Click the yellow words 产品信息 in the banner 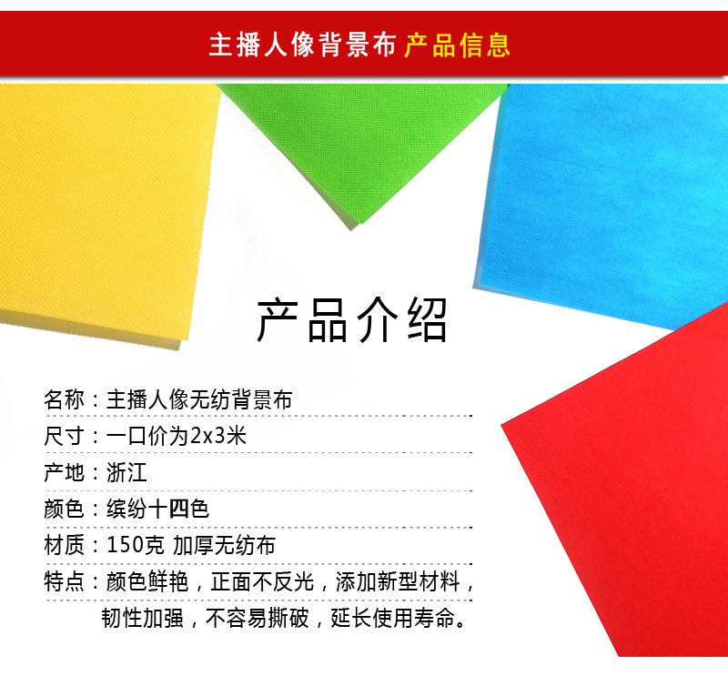coord(457,45)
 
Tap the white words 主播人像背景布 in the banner coord(302,45)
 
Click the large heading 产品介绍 coord(352,320)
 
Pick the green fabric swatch coord(362,139)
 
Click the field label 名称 coord(64,399)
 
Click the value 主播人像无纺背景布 coord(199,399)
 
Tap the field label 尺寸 coord(64,436)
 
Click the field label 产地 coord(64,472)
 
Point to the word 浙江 coord(126,472)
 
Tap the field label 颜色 coord(64,509)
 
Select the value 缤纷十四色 coord(157,509)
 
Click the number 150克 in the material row coord(135,545)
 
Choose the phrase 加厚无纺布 coord(224,545)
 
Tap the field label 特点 coord(64,581)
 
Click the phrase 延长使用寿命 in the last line coord(392,618)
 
